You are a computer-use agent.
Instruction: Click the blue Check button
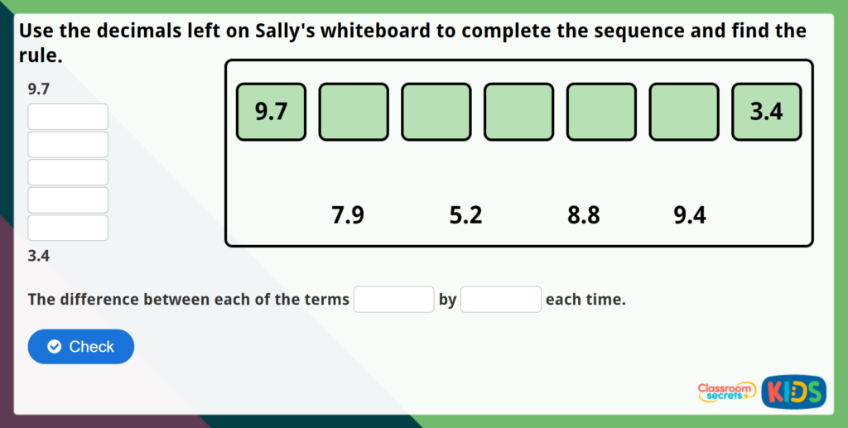click(x=81, y=347)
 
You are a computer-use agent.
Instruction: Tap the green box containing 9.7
click(x=271, y=112)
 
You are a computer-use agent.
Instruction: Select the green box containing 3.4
click(x=766, y=112)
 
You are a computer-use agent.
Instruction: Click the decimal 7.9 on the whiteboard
click(x=347, y=216)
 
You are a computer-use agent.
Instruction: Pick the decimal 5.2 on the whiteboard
click(x=465, y=216)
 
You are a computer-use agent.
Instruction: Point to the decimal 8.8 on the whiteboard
click(x=583, y=216)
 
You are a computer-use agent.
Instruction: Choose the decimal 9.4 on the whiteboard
click(x=690, y=216)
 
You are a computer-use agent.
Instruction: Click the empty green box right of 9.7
click(x=354, y=112)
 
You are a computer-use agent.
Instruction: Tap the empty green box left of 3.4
click(x=684, y=112)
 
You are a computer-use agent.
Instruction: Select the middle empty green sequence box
click(x=518, y=112)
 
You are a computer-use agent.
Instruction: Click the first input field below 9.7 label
click(x=68, y=117)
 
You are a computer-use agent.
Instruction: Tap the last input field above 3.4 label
click(x=68, y=228)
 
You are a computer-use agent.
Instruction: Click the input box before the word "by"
click(x=393, y=299)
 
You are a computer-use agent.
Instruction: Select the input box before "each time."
click(x=501, y=299)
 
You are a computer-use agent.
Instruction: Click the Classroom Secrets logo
click(x=726, y=392)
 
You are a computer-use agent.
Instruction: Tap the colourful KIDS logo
click(x=793, y=391)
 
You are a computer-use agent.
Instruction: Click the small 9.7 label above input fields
click(x=38, y=89)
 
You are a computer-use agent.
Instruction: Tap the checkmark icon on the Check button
click(x=55, y=347)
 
